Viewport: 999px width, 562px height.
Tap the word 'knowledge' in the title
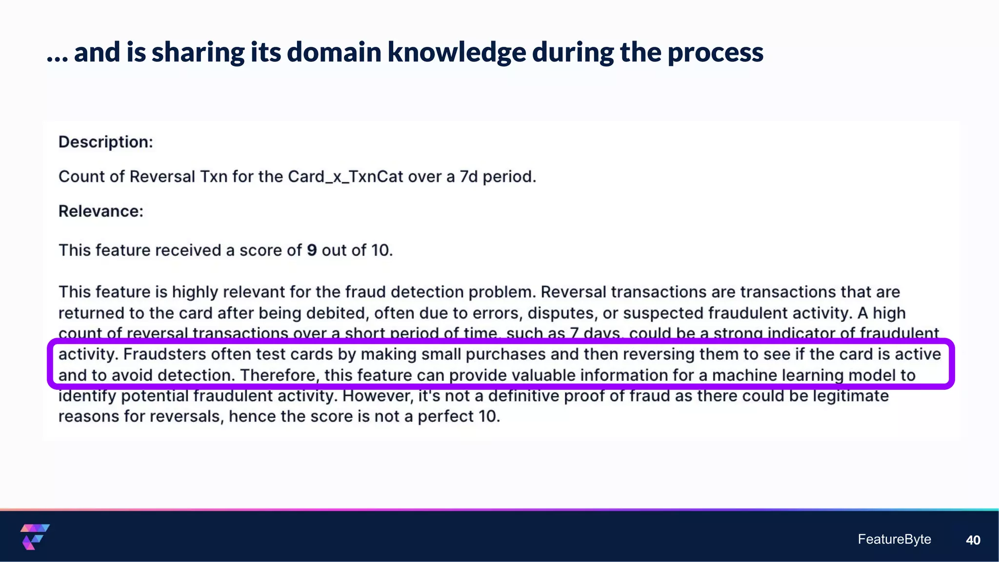(x=457, y=52)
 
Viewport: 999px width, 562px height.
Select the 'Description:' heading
(x=106, y=142)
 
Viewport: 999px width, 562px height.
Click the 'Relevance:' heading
(x=101, y=211)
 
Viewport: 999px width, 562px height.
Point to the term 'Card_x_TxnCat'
(x=345, y=177)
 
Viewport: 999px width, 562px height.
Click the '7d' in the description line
(x=469, y=177)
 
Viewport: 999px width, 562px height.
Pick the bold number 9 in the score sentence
(x=312, y=250)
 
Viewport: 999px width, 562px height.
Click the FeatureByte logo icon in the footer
(x=35, y=537)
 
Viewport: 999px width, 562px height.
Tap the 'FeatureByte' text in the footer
(x=894, y=539)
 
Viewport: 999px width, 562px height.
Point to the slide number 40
(x=973, y=540)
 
